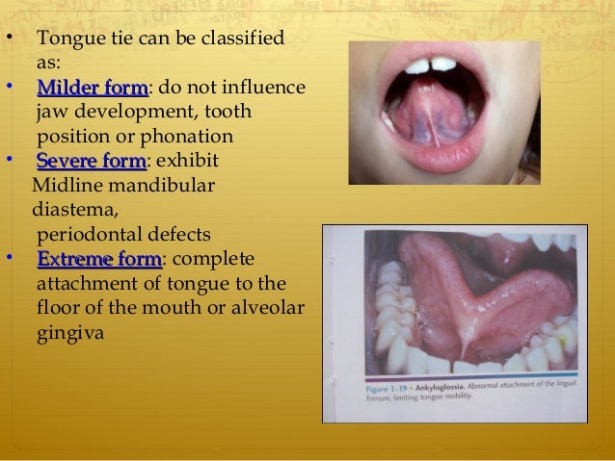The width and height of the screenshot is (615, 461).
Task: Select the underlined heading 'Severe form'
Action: tap(90, 160)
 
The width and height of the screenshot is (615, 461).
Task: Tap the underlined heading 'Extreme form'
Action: tap(98, 259)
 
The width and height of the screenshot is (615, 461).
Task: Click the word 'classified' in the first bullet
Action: tap(239, 40)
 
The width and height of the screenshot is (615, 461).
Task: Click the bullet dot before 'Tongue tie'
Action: tap(9, 40)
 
